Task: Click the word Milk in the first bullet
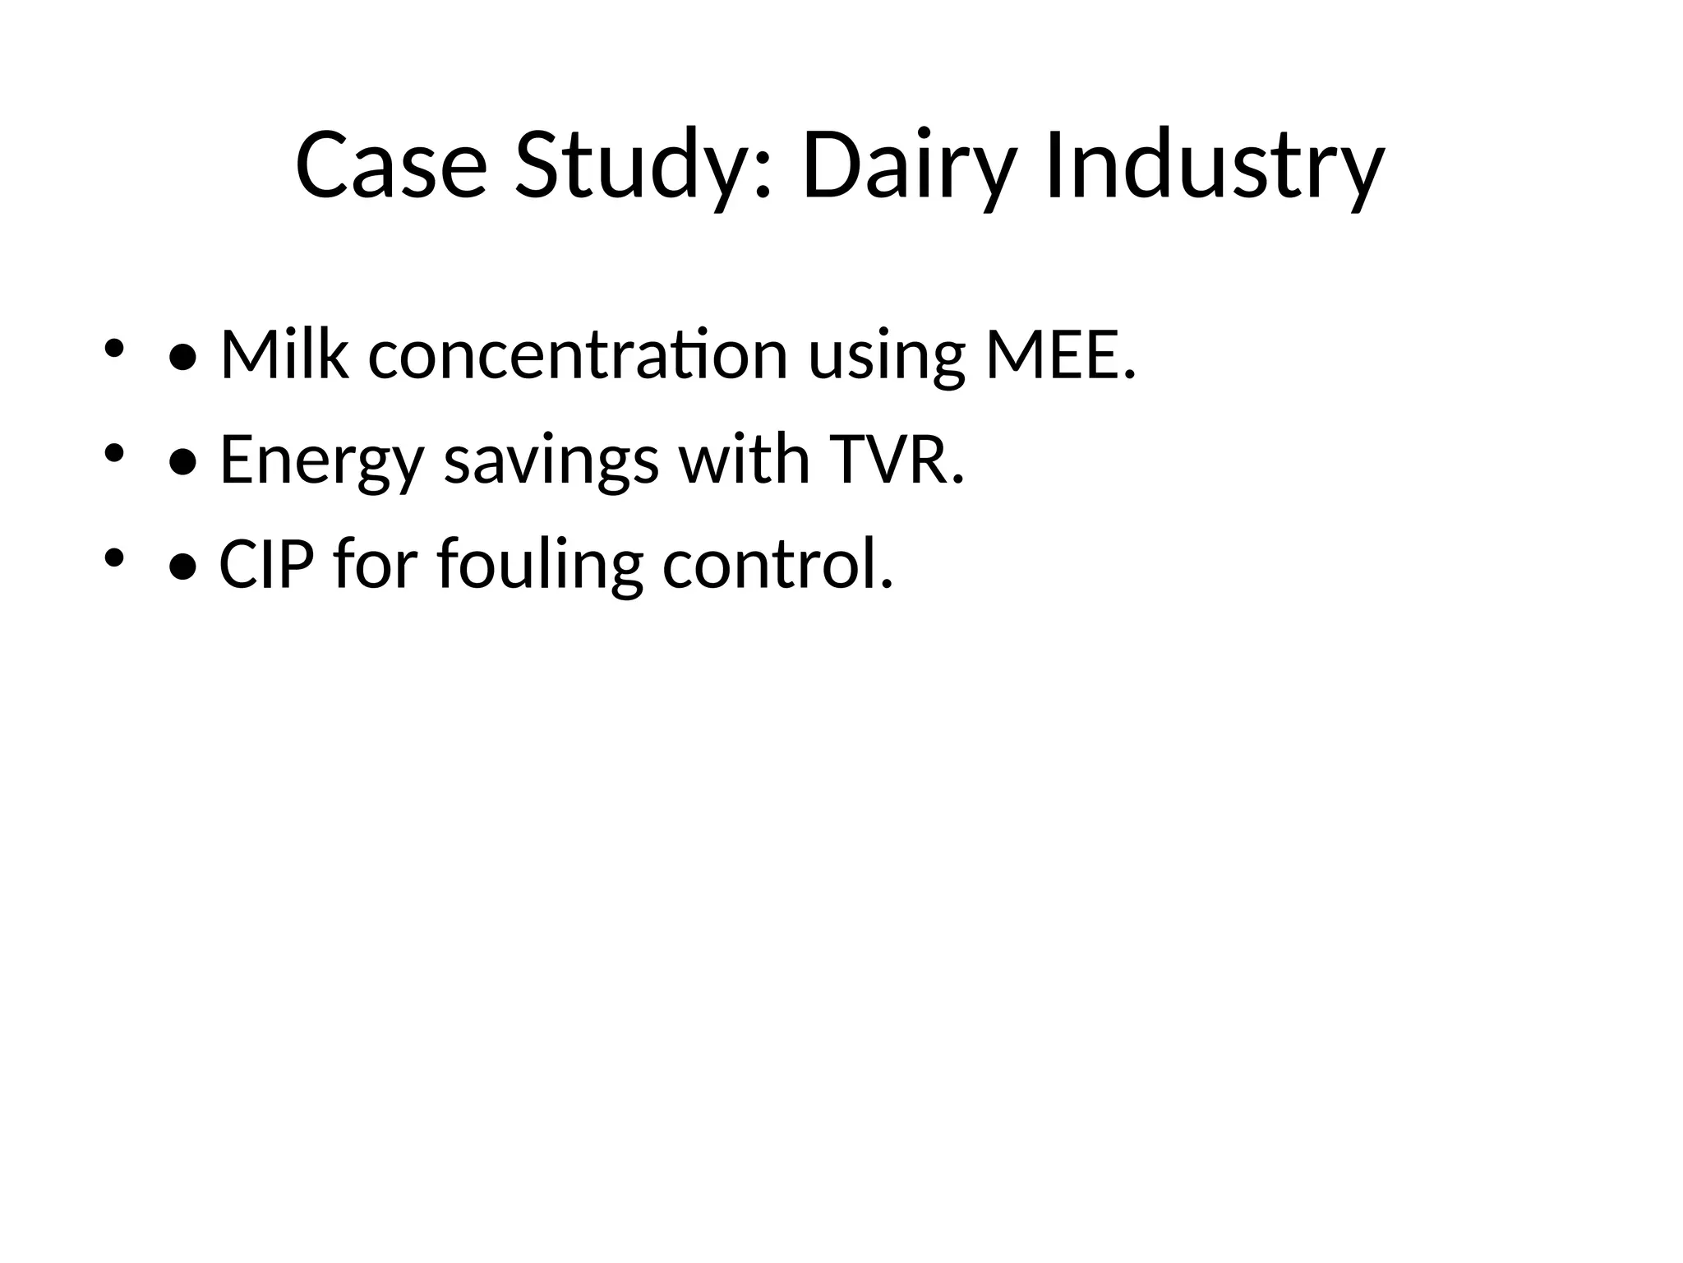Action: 284,355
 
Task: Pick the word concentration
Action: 578,355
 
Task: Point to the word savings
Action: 551,460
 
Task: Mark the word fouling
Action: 540,566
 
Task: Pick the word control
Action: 777,566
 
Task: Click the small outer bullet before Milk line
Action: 113,348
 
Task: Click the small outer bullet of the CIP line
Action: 113,558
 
